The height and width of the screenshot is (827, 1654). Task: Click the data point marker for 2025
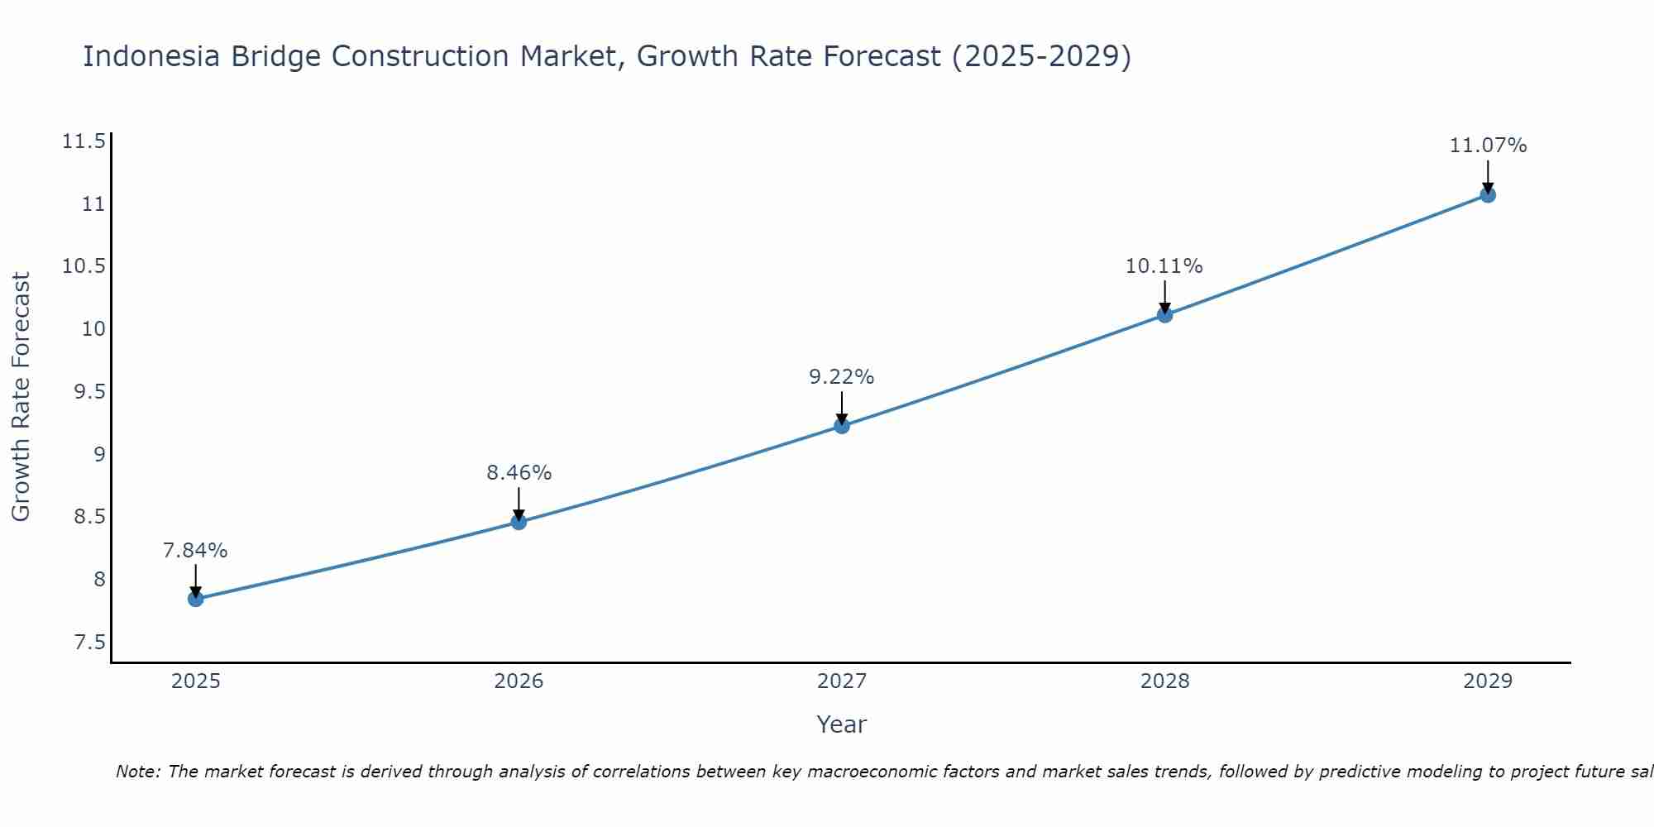pos(196,599)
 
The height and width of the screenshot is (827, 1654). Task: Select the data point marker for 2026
pos(519,522)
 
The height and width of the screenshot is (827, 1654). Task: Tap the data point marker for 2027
pos(842,426)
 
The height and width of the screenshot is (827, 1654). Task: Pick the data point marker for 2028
pos(1164,315)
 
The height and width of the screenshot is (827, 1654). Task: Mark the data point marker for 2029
pos(1488,195)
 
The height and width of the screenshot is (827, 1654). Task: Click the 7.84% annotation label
pos(195,551)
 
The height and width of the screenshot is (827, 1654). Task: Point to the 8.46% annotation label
pos(519,473)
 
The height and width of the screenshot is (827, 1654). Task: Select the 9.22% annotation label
pos(841,377)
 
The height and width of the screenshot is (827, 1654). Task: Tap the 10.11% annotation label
pos(1164,266)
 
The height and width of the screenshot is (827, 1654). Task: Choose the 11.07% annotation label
pos(1488,146)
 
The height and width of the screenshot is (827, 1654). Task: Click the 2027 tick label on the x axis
pos(842,681)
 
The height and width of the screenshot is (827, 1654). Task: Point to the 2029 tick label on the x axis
pos(1488,681)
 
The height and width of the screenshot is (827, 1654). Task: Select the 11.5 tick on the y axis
pos(84,141)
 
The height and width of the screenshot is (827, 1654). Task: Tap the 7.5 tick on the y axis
pos(89,643)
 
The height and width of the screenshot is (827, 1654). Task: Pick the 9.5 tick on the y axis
pos(89,392)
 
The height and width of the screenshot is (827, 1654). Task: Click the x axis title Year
pos(841,724)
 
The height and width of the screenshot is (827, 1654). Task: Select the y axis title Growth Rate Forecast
pos(21,397)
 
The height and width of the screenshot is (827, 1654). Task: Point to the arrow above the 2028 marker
pos(1164,296)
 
